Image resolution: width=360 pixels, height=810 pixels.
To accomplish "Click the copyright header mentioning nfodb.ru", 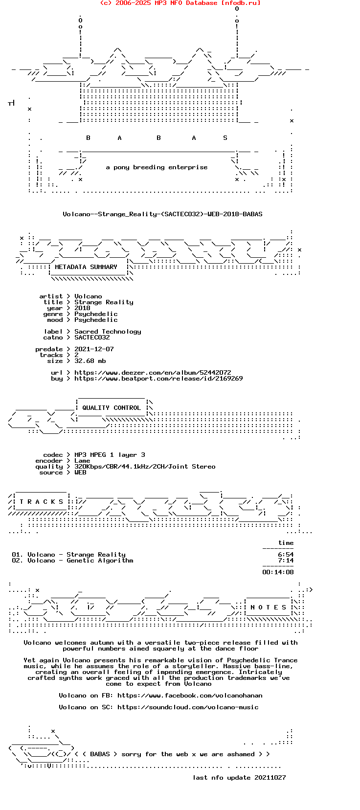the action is point(180,3).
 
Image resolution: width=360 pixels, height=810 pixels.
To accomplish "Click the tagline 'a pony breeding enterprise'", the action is point(157,167).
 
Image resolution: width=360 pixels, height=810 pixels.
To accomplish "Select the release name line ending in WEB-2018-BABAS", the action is point(163,214).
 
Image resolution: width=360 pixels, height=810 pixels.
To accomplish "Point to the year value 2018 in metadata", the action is point(82,308).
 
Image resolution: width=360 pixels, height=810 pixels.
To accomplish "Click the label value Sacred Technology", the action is point(108,332).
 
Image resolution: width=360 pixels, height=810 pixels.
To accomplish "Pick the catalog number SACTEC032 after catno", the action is point(92,337).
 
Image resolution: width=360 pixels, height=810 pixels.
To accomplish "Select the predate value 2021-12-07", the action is point(94,349).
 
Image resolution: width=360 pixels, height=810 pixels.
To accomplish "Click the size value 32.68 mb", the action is point(90,361).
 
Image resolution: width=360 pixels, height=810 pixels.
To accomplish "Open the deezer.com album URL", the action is point(153,372).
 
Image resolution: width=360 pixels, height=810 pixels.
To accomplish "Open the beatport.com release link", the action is point(158,379).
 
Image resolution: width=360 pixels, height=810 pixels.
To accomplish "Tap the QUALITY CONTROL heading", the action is point(112,408).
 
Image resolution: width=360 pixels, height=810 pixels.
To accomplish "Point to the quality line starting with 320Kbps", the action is point(145,467).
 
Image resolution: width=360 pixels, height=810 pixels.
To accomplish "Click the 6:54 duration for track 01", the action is point(286,555).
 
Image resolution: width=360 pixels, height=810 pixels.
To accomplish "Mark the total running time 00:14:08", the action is point(278,572).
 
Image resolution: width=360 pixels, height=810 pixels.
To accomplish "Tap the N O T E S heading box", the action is point(269,607).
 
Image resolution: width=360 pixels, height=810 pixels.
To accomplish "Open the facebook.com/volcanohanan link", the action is point(190,696).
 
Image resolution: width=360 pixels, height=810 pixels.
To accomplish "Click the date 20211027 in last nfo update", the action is point(270,777).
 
